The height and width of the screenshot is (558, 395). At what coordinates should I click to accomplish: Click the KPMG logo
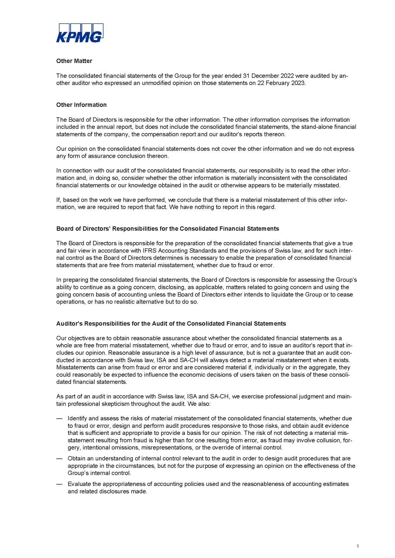pos(80,33)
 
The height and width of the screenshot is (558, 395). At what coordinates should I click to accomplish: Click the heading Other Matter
pos(74,61)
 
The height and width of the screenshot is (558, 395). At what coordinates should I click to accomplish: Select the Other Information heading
pos(82,105)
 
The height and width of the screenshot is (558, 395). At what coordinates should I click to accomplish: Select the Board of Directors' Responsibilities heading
pos(168,229)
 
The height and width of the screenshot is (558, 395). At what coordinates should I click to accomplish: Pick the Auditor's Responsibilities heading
pos(171,324)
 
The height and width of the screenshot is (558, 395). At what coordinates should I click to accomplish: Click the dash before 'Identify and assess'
pos(59,418)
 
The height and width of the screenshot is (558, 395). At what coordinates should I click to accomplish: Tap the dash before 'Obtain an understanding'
pos(59,458)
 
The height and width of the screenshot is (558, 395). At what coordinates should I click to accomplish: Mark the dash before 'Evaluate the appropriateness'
pos(59,484)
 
